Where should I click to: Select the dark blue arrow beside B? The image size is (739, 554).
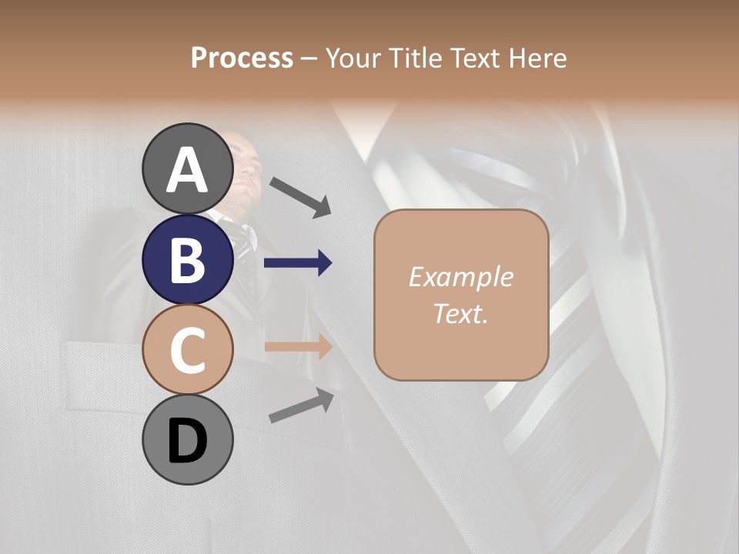pyautogui.click(x=298, y=263)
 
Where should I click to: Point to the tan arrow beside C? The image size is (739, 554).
pyautogui.click(x=298, y=346)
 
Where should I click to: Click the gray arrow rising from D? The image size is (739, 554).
pyautogui.click(x=301, y=405)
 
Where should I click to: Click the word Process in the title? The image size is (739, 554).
pyautogui.click(x=242, y=58)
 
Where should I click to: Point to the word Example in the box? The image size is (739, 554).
pyautogui.click(x=460, y=277)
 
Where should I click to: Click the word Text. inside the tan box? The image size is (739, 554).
pyautogui.click(x=460, y=313)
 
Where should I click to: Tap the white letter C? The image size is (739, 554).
pyautogui.click(x=188, y=351)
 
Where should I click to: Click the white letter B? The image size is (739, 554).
pyautogui.click(x=188, y=260)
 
